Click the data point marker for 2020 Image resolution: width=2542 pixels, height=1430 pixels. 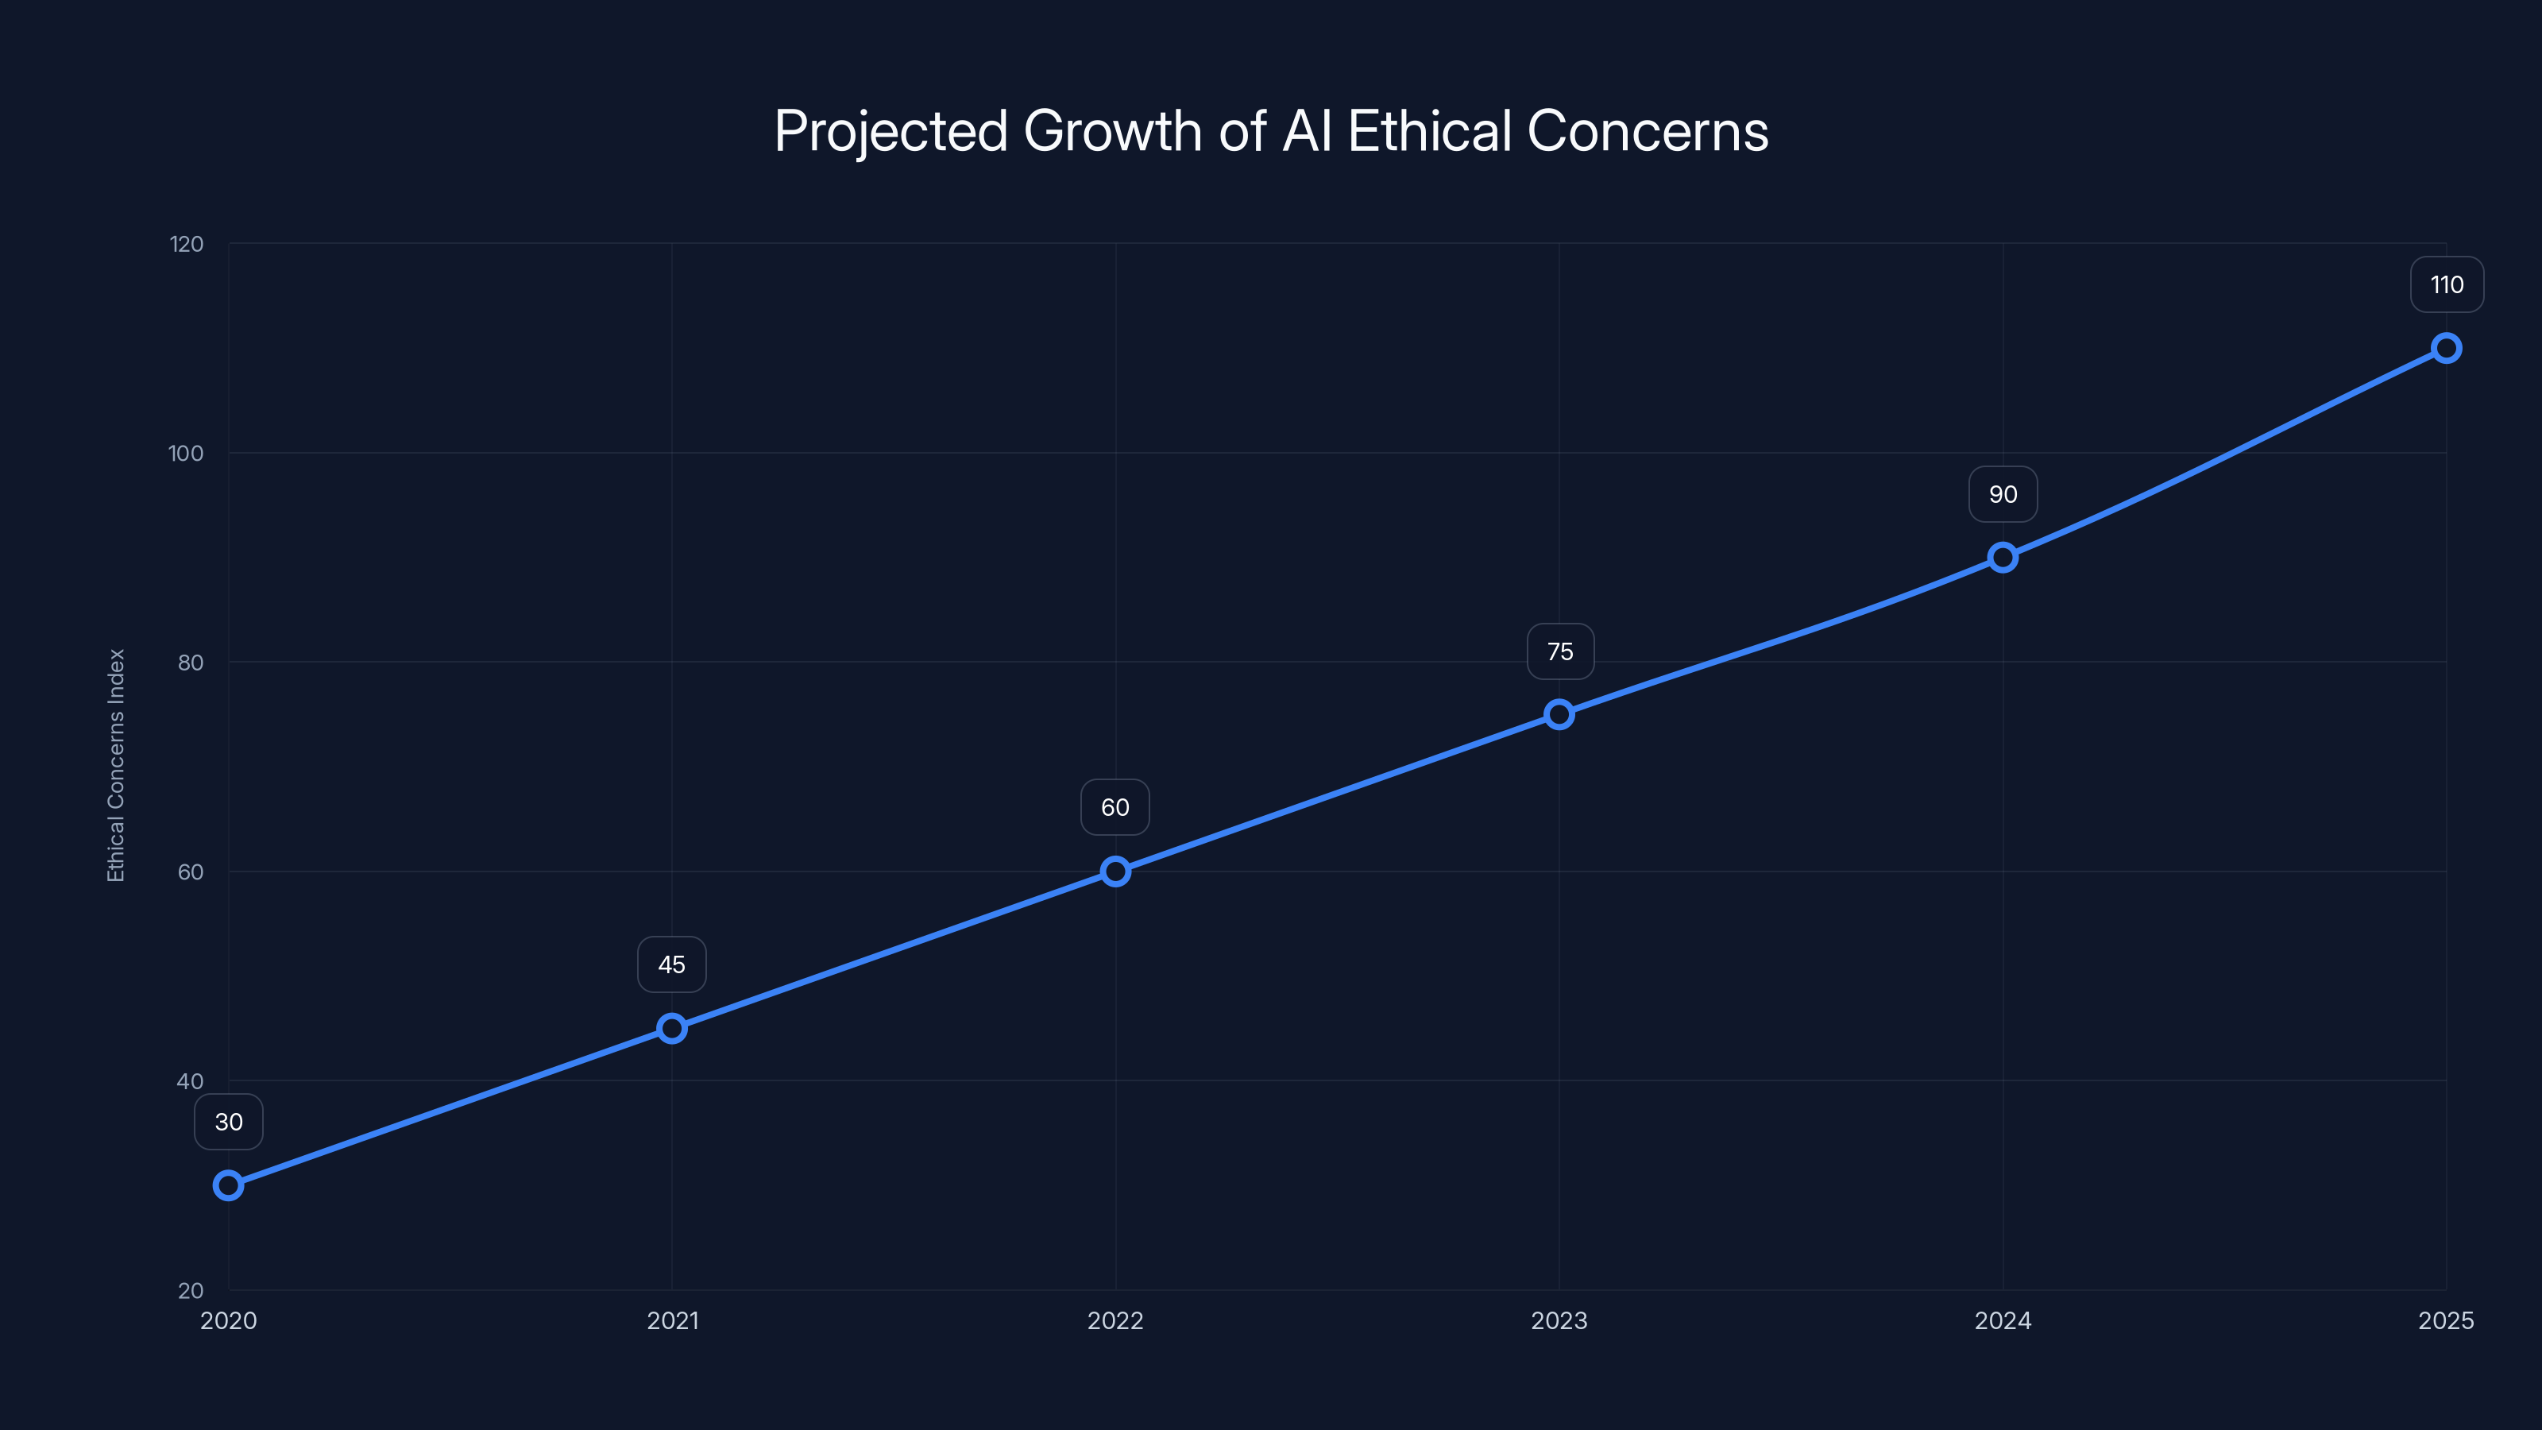pos(228,1185)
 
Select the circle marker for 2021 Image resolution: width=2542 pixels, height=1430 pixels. pos(672,1028)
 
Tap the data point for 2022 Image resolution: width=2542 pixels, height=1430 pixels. pos(1115,872)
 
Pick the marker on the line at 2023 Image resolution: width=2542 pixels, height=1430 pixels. pos(1559,714)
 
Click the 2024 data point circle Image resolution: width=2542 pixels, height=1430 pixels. pos(2002,558)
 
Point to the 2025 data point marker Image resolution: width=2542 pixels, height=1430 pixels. pos(2447,349)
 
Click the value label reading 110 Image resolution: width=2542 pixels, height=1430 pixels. pos(2447,285)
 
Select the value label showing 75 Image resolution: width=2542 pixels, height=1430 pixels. pos(1560,651)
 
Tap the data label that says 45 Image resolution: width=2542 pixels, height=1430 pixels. pos(672,964)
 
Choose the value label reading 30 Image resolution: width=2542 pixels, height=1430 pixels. pos(229,1122)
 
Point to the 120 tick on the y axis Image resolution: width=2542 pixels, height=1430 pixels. pos(187,244)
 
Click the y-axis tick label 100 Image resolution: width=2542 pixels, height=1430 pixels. pos(186,453)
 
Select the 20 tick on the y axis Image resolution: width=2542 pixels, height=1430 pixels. pos(191,1290)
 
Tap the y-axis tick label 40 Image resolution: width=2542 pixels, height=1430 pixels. pos(190,1080)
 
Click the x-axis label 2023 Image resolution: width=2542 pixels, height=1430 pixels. pos(1559,1320)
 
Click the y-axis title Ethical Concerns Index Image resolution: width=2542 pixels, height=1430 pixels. pos(117,765)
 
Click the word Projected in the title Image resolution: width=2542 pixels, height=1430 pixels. pos(890,131)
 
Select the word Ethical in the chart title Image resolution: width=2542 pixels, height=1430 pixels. pos(1429,131)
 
